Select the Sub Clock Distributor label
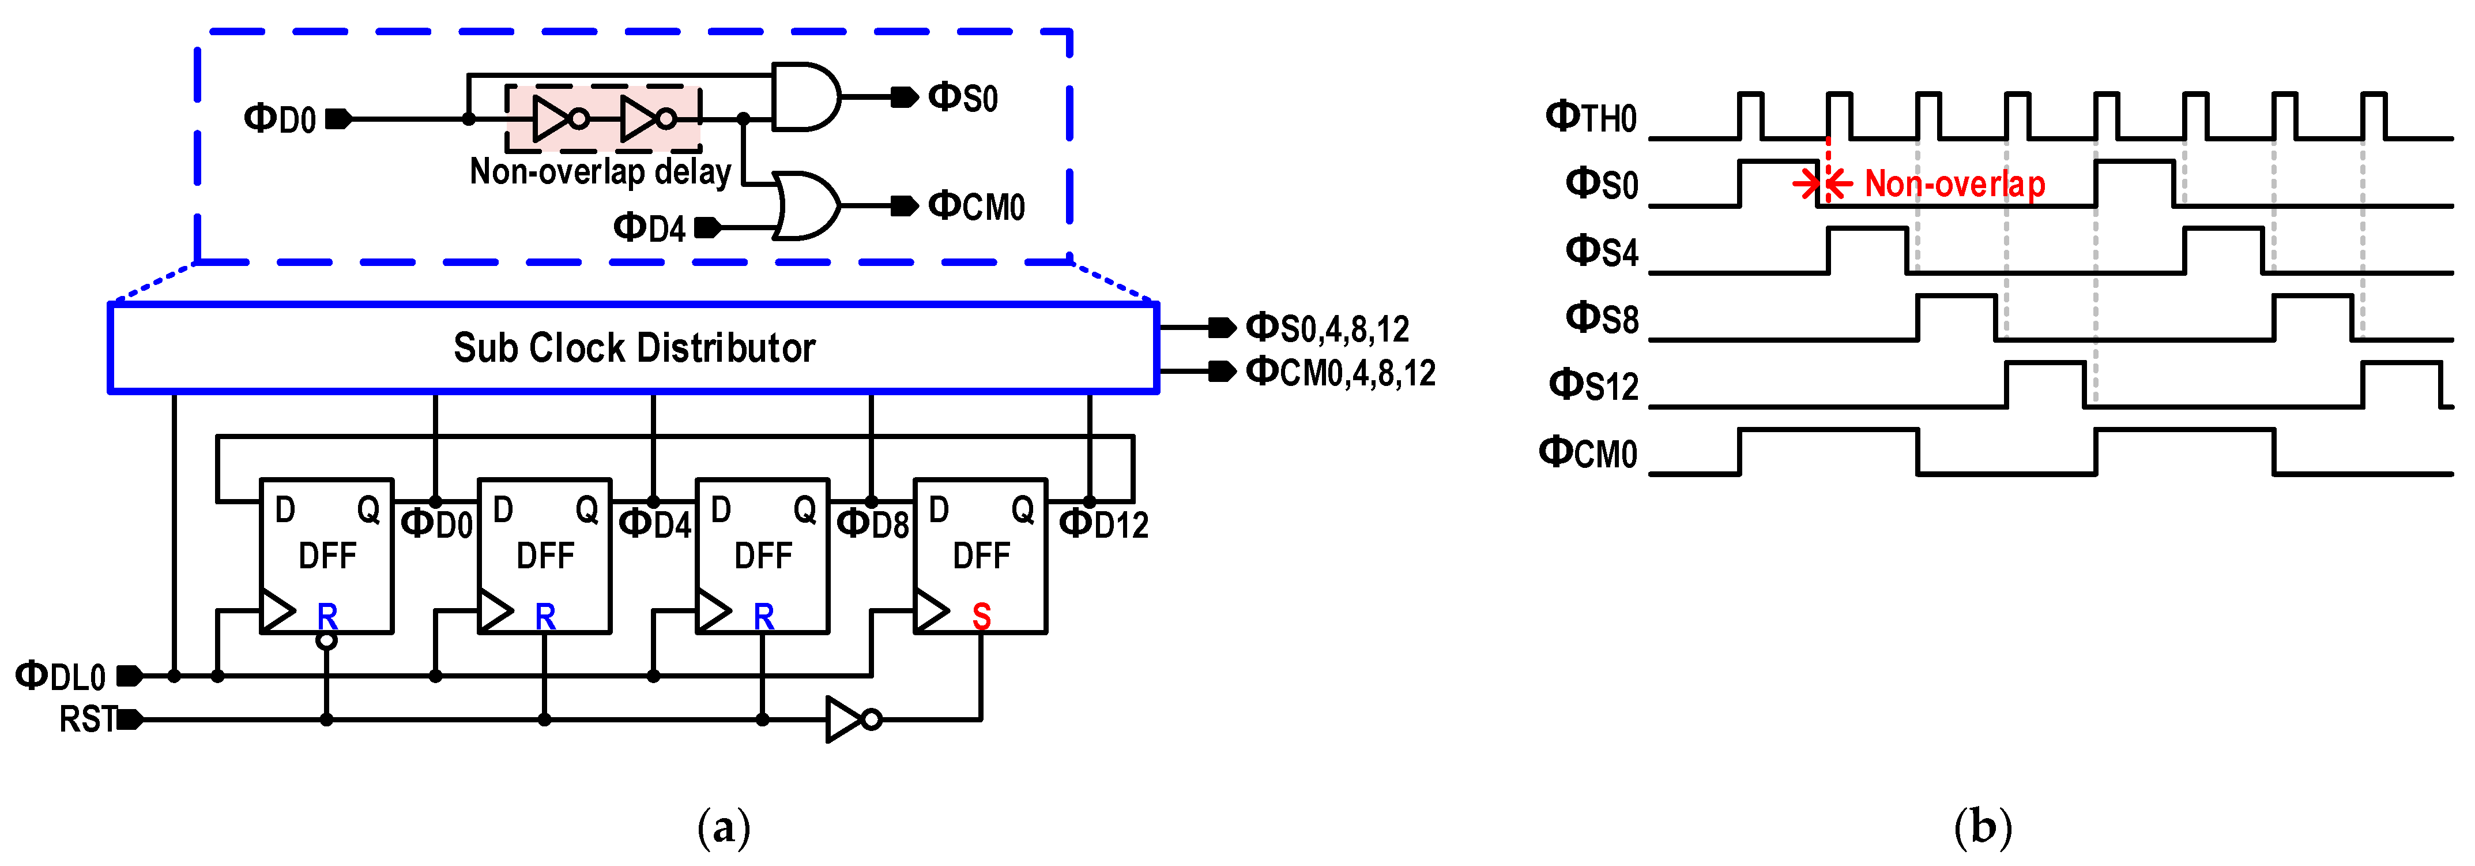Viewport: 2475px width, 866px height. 634,348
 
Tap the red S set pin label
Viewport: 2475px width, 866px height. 981,615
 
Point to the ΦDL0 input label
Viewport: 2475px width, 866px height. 61,677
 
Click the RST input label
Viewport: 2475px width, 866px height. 86,719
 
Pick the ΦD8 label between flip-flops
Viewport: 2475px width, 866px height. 872,525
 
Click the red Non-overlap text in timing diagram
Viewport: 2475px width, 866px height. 1954,183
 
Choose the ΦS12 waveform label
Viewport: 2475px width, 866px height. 1593,385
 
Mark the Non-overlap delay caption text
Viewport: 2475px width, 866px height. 601,172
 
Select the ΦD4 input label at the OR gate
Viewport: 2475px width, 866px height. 650,228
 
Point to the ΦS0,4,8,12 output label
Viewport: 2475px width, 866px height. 1327,329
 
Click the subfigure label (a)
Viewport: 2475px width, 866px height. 724,827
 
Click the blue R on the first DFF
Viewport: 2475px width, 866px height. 327,615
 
